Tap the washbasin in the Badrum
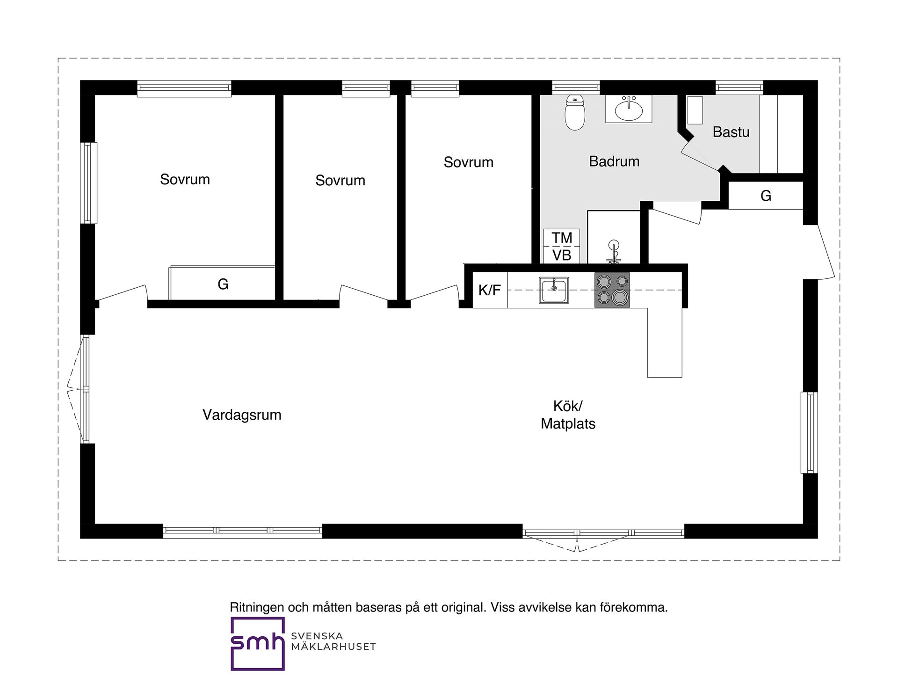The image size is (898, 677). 629,109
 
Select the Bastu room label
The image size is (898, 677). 731,132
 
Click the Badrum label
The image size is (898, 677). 614,161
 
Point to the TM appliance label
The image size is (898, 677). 562,238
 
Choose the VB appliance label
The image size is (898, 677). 562,255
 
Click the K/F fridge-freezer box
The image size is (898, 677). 490,290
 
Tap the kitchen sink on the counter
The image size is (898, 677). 554,290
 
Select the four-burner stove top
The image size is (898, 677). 612,290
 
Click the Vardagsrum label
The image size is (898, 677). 242,415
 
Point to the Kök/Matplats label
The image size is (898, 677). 568,415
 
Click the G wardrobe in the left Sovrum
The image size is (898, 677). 222,283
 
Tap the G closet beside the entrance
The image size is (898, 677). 766,196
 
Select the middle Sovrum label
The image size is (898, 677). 340,180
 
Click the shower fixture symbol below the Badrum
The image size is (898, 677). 614,251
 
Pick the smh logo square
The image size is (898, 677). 258,644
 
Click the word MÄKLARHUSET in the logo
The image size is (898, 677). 333,647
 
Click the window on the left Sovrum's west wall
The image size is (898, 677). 88,183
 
